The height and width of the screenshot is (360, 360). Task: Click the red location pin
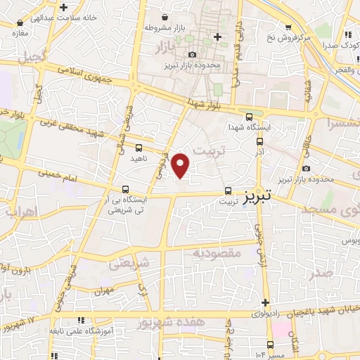(181, 165)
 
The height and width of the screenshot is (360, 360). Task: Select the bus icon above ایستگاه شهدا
(250, 117)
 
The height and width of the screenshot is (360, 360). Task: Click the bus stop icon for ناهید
(139, 148)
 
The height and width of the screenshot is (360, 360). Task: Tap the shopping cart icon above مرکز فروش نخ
(288, 27)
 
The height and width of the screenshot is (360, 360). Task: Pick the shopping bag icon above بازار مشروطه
(165, 17)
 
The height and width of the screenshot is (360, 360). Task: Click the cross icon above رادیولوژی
(265, 301)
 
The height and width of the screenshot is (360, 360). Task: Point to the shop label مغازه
(19, 32)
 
